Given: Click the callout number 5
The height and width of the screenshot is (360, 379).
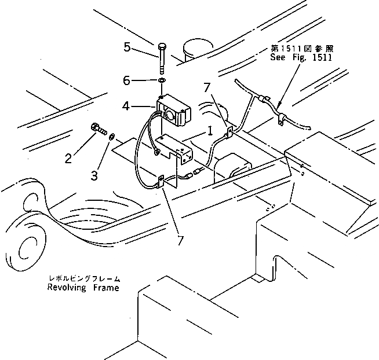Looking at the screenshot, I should coord(127,46).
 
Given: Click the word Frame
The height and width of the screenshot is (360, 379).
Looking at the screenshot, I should coord(107,288).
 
